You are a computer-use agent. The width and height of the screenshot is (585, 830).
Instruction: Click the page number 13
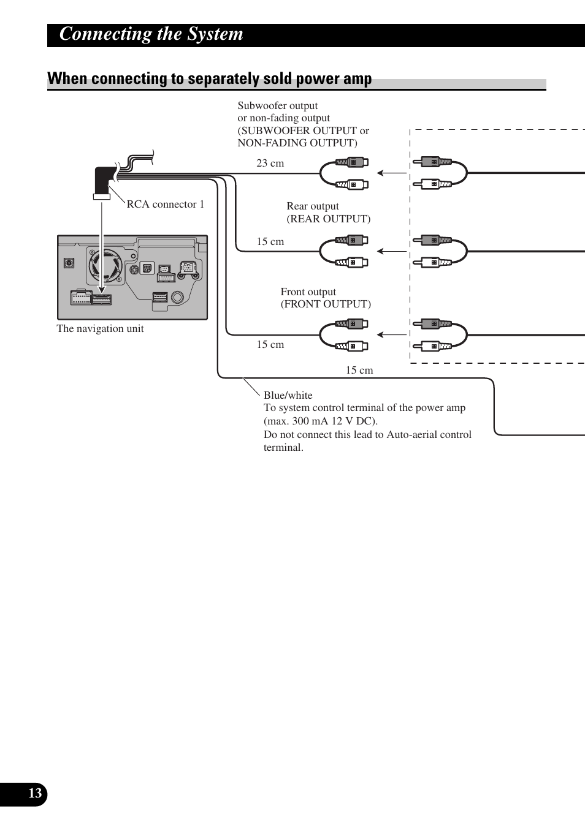tap(35, 794)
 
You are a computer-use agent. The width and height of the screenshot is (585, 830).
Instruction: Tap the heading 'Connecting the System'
tap(151, 34)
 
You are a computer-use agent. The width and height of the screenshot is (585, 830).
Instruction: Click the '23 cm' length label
tap(270, 164)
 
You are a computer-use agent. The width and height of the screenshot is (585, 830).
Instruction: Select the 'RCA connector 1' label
tap(166, 205)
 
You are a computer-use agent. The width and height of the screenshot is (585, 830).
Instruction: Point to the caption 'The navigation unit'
tap(100, 329)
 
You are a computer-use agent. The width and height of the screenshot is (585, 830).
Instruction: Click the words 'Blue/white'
tap(288, 396)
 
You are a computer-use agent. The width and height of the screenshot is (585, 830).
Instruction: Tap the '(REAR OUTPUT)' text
tap(329, 219)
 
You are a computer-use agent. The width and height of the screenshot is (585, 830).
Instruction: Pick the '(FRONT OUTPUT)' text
tap(326, 304)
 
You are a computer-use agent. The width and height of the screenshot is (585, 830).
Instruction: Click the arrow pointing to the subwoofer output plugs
tap(391, 173)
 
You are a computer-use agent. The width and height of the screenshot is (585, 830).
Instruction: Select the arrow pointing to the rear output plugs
tap(391, 251)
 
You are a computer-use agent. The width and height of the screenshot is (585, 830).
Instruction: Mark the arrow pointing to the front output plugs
tap(391, 334)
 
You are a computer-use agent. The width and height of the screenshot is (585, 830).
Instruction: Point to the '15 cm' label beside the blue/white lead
tap(359, 371)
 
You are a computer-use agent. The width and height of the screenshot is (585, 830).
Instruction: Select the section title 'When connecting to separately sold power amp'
tap(210, 79)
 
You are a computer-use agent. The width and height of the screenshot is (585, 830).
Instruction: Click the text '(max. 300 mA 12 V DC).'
tap(321, 421)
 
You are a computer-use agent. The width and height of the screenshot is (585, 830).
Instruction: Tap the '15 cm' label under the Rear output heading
tap(270, 242)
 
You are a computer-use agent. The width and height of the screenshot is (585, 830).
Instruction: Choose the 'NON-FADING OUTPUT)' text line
tap(297, 143)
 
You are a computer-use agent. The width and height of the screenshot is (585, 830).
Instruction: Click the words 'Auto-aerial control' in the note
tap(429, 435)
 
